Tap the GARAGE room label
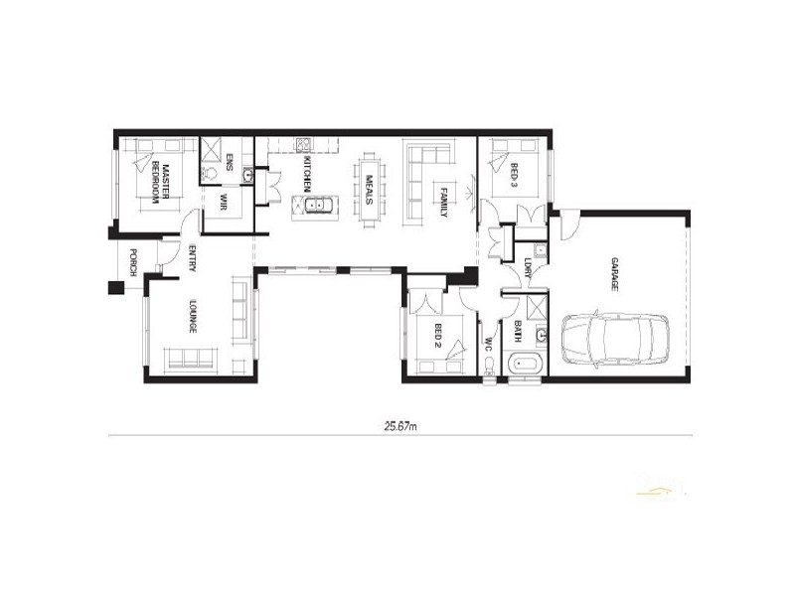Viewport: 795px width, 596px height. [x=615, y=273]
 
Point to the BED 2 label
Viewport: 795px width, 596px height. [x=437, y=337]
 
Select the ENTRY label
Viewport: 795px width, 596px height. [x=190, y=257]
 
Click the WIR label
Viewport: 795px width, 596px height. [x=224, y=203]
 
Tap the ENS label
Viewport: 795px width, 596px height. [x=229, y=163]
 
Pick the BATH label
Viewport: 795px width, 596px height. [x=519, y=331]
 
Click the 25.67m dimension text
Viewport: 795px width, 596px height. [x=399, y=426]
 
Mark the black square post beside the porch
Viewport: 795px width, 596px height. [x=115, y=288]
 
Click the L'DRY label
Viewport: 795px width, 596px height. [x=527, y=267]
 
